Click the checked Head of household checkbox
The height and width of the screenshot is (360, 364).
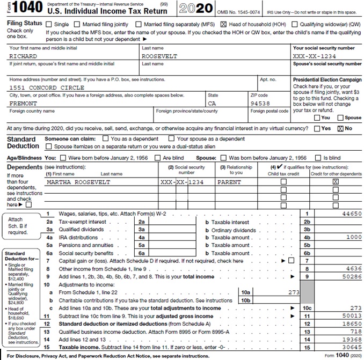(223, 24)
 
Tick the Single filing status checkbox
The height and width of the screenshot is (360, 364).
(49, 24)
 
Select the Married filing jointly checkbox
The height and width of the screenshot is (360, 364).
(77, 24)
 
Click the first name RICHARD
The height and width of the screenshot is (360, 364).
(23, 56)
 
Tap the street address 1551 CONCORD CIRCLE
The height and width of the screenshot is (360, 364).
(47, 87)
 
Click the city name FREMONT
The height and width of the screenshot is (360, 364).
(23, 103)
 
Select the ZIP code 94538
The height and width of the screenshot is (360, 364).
(260, 103)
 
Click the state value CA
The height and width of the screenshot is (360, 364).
(212, 103)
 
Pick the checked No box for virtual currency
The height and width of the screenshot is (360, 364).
(340, 129)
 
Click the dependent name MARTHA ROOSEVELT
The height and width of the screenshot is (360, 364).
(78, 182)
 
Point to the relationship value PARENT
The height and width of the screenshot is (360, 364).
(229, 182)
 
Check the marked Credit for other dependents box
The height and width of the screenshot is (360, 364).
(336, 182)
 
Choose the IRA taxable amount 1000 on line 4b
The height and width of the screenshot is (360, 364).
(353, 237)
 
